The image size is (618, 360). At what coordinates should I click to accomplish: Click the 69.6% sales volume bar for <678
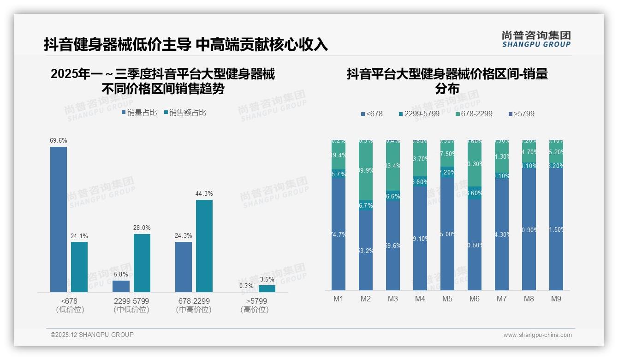pos(59,219)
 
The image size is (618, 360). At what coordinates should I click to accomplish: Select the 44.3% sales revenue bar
pos(204,246)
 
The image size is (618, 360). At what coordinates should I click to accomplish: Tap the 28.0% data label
pos(142,228)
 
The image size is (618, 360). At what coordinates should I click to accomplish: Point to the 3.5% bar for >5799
pos(267,288)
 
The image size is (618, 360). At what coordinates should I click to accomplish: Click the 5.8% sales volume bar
pos(121,286)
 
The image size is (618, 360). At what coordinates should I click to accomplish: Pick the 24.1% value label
pos(79,236)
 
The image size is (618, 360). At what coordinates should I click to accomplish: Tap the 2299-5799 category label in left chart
pos(131,301)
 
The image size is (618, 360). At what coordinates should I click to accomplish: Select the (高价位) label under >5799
pos(255,310)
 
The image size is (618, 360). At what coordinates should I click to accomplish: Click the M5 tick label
pos(447,299)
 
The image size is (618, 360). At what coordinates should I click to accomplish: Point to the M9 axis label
pos(556,299)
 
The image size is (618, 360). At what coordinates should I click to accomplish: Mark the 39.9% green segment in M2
pos(366,170)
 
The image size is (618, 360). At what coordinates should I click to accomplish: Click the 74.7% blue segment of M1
pos(339,234)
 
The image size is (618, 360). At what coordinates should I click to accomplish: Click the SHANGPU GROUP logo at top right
pos(536,39)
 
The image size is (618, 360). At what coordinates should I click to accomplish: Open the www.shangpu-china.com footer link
pos(537,335)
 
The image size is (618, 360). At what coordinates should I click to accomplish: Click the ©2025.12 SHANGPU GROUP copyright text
pos(92,335)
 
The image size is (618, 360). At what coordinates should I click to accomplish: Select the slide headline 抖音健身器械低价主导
pos(118,44)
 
